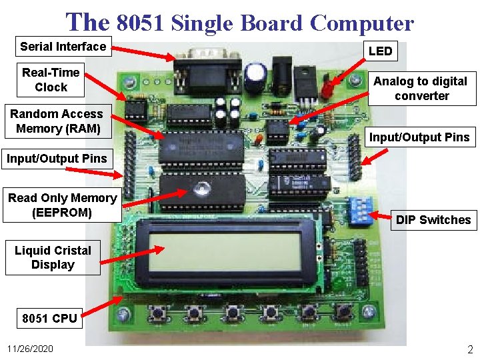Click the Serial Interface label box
pos(63,47)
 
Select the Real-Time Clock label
pos(51,79)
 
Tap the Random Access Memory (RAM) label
pos(56,121)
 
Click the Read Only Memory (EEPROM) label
pos(62,205)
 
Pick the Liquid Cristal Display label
pos(53,257)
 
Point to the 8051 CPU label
pos(49,318)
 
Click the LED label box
pos(380,51)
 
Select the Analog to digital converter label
pos(421,88)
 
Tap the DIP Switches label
pos(433,220)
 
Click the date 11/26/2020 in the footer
pos(30,349)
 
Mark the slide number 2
pos(469,349)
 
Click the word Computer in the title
pos(362,24)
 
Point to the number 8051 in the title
pos(141,24)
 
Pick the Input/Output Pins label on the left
pos(57,159)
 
